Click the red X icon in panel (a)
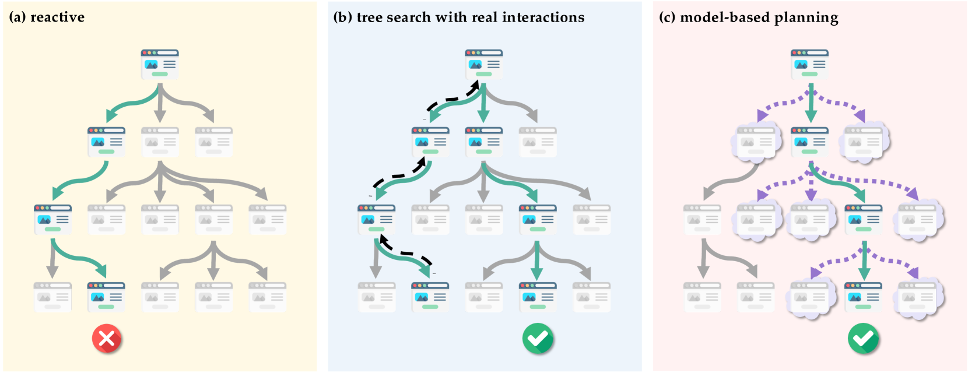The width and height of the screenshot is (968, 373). tap(107, 339)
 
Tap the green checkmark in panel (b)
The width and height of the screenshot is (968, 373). tap(538, 339)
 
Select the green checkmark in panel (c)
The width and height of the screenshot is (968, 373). tap(863, 339)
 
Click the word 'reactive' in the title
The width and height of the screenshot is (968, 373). tap(57, 17)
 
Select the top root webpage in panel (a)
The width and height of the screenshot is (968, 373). tap(159, 64)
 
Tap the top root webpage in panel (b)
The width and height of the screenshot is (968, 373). tap(483, 64)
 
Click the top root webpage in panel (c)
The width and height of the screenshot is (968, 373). tap(809, 64)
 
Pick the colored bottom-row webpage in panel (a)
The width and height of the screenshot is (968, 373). tap(106, 297)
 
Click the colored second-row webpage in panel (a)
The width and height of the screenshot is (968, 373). tap(106, 142)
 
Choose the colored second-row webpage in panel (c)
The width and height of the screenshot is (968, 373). tap(809, 142)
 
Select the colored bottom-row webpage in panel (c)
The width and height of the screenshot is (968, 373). tap(863, 297)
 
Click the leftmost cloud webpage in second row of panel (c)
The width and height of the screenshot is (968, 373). tap(756, 142)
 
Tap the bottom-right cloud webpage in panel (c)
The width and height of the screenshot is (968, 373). tap(917, 297)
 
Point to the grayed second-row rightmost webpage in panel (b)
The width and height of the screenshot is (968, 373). tap(538, 142)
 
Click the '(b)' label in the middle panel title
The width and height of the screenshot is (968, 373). tap(342, 17)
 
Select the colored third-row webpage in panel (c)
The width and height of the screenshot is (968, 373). tap(863, 219)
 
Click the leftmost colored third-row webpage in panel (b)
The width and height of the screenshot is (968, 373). tap(376, 219)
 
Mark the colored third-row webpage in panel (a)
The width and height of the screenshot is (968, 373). tap(52, 219)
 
